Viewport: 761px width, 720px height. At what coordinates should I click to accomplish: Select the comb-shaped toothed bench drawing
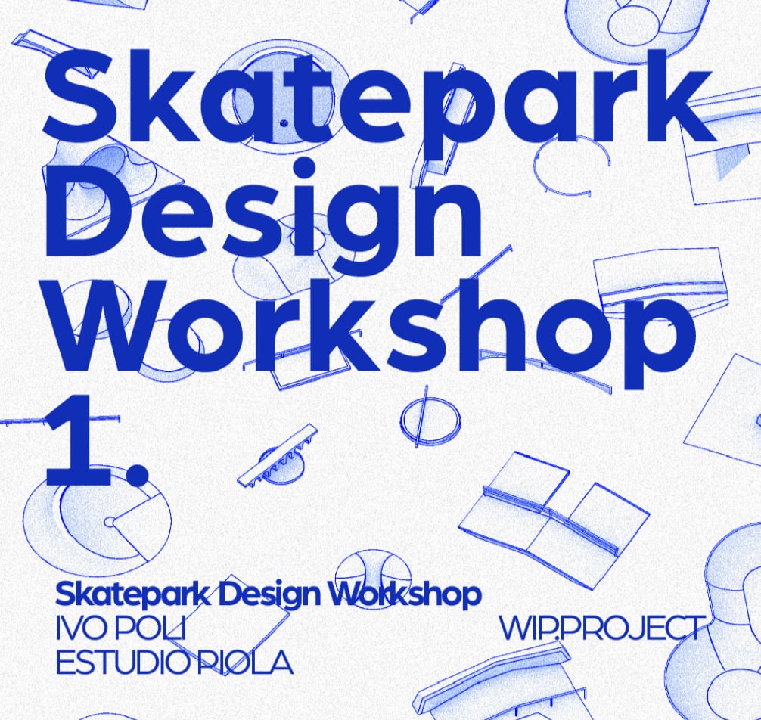[278, 455]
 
